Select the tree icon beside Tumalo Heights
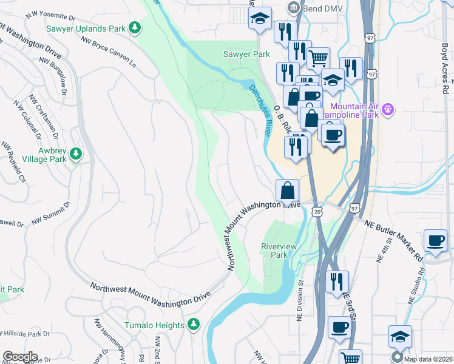(x=194, y=325)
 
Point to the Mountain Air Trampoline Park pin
(x=388, y=109)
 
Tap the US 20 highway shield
(x=317, y=211)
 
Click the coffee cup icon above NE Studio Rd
(x=435, y=240)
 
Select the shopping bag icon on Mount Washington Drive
(x=287, y=190)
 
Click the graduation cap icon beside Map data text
(x=401, y=336)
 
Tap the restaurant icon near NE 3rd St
(x=336, y=282)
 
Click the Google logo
(x=20, y=357)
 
